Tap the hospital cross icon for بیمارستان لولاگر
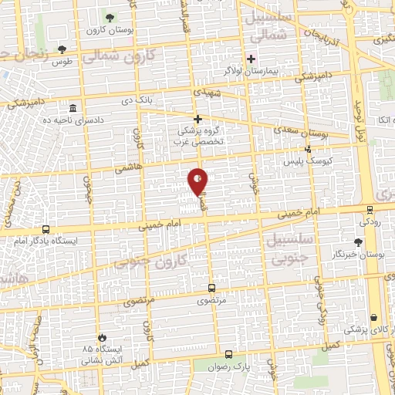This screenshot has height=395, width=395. pyautogui.click(x=251, y=59)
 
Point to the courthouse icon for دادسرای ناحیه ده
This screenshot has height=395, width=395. pyautogui.click(x=73, y=108)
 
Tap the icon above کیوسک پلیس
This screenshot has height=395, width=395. pyautogui.click(x=308, y=149)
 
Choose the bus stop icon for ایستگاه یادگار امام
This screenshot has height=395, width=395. pyautogui.click(x=46, y=229)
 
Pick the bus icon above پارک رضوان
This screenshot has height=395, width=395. pyautogui.click(x=228, y=355)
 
